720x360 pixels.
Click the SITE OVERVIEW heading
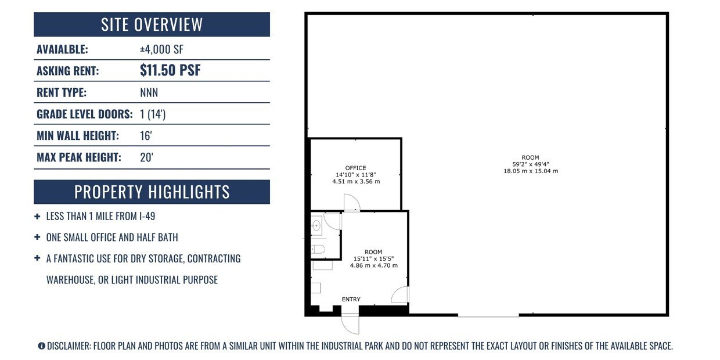click(152, 24)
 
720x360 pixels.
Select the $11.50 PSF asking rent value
click(170, 70)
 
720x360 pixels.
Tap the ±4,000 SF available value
click(161, 49)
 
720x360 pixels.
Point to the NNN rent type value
click(149, 92)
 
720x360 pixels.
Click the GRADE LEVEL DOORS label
click(85, 114)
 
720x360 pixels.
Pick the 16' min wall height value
click(146, 136)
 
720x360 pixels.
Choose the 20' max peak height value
click(146, 157)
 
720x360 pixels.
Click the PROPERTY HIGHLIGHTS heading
click(152, 192)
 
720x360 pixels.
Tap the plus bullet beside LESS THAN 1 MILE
click(37, 217)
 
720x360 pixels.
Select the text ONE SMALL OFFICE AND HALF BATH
click(112, 237)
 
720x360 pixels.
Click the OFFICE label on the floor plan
click(355, 168)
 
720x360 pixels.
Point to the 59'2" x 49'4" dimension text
click(530, 164)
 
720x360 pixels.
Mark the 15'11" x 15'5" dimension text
click(373, 258)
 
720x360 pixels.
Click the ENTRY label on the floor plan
click(351, 299)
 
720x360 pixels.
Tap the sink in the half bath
click(316, 226)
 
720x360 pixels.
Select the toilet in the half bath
click(318, 249)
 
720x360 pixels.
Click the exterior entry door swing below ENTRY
click(350, 324)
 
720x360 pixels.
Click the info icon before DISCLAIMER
click(41, 346)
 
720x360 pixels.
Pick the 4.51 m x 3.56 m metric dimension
click(356, 182)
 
